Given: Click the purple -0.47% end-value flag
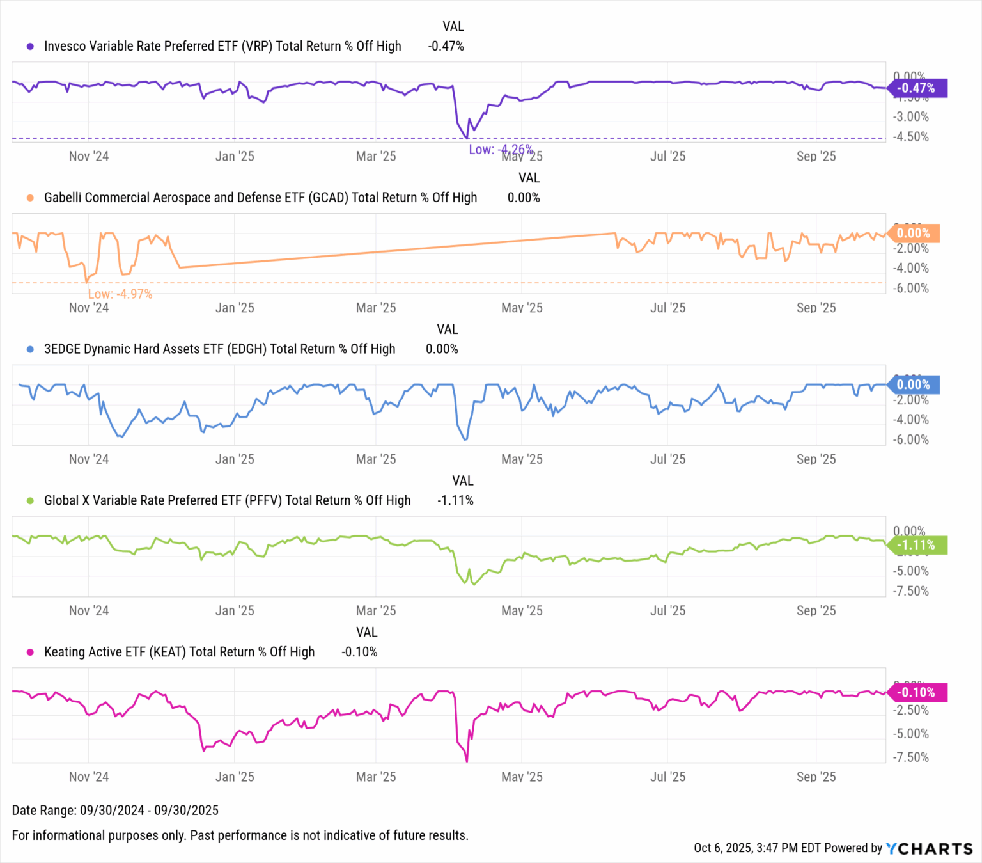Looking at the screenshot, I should tap(916, 88).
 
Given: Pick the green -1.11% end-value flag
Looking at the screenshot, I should tap(916, 545).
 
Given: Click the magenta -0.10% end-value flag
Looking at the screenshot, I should tap(916, 692).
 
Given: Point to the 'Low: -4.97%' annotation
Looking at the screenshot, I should tap(120, 294).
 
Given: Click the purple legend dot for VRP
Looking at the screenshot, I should tap(30, 46).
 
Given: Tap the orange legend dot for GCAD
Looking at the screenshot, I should tap(30, 198).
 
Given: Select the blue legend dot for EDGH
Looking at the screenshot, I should tap(30, 349).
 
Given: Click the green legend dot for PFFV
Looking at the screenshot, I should tap(30, 501).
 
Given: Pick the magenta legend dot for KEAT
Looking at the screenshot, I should tap(30, 653).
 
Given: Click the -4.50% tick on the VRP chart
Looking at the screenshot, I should tap(911, 137).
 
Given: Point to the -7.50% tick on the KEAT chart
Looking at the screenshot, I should tap(911, 757).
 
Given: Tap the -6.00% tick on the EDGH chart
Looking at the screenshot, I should tap(911, 440).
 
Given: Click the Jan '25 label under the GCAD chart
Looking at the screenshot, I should tap(235, 308).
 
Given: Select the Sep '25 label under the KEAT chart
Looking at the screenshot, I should tap(816, 777).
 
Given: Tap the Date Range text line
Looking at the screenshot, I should tap(115, 811).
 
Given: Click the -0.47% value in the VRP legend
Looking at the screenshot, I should tap(446, 46).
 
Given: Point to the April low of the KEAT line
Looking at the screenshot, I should tap(467, 761).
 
